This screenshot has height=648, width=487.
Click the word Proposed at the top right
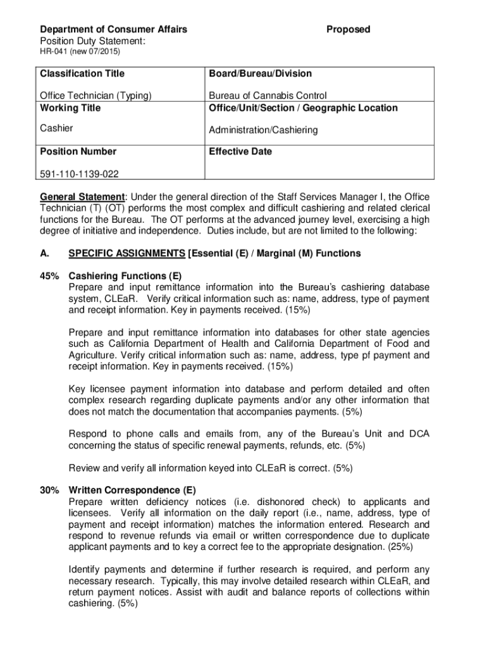(348, 29)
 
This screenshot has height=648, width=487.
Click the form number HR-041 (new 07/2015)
(80, 51)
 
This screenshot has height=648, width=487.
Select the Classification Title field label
(82, 73)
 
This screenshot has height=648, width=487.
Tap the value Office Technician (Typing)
(96, 96)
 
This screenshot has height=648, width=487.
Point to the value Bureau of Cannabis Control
(268, 96)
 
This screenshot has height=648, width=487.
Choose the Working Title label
(70, 108)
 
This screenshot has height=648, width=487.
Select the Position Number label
(78, 151)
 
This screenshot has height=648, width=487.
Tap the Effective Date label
(240, 151)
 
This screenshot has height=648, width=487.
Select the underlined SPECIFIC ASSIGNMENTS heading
(126, 253)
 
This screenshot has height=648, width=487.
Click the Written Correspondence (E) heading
(132, 490)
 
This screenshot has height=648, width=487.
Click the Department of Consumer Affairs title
(113, 29)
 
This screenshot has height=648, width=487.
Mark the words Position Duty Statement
(93, 40)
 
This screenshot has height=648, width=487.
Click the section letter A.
(44, 253)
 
